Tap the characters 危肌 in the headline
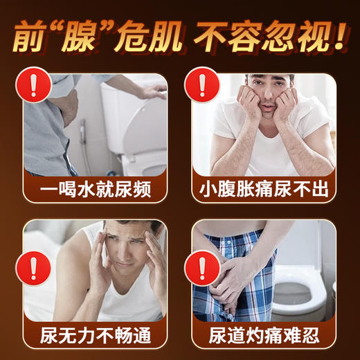[x=150, y=36]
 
